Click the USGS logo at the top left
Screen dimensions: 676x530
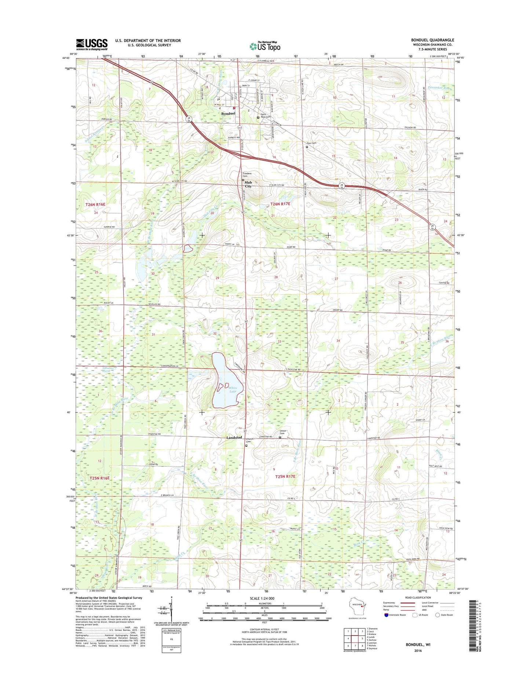point(92,44)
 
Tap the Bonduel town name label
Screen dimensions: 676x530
point(228,114)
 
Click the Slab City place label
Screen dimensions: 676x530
point(248,184)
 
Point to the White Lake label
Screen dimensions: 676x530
point(233,390)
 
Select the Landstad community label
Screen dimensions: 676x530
point(234,437)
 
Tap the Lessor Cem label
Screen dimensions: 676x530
point(283,432)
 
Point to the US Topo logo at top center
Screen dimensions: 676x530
point(265,46)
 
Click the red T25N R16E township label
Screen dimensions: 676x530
point(99,478)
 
